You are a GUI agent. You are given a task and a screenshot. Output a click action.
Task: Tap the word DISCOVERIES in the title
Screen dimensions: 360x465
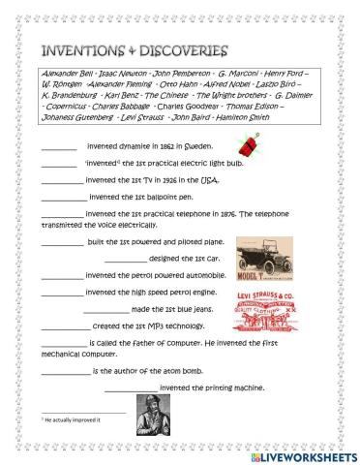coord(178,49)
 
